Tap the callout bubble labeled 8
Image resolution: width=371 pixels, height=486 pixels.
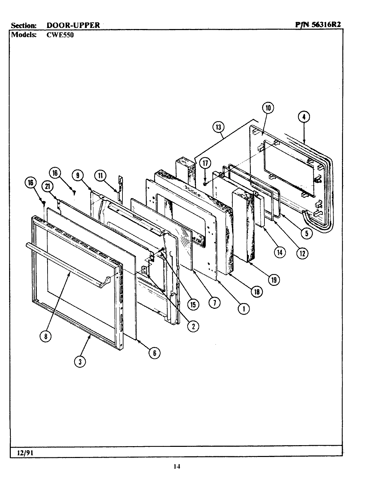(46, 336)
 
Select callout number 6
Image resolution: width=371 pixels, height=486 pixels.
(154, 353)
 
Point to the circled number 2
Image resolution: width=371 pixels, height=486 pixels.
(193, 326)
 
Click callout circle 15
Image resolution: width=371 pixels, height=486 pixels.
(193, 304)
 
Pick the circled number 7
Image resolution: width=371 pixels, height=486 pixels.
(215, 303)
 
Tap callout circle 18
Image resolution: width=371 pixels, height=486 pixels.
(257, 292)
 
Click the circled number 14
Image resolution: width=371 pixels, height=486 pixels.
(280, 252)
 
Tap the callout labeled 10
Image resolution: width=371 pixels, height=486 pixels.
(268, 108)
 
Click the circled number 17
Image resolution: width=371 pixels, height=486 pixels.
(205, 163)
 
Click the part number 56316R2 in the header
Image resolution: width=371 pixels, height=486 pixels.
(325, 25)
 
